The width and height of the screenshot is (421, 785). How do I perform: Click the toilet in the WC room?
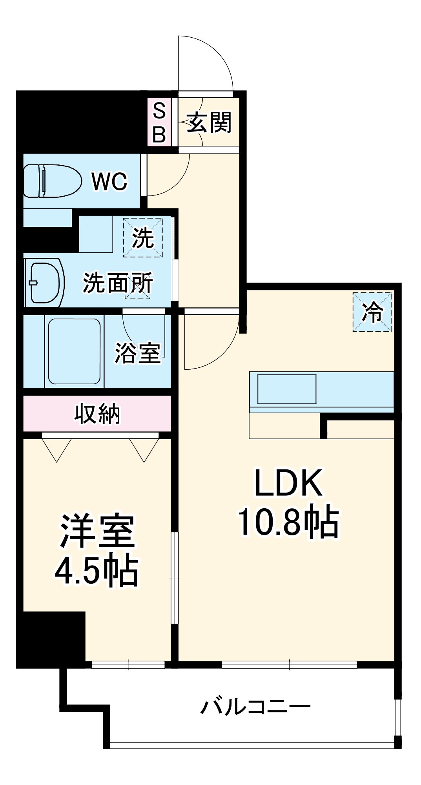coord(52,181)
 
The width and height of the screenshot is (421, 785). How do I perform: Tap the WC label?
coord(109,181)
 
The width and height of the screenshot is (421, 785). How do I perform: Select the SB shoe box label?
coord(159,122)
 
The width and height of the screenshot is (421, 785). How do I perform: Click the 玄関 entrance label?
coord(209,122)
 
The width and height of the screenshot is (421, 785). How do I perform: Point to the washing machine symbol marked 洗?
coord(143,237)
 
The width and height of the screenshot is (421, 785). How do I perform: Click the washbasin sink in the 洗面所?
coord(46,282)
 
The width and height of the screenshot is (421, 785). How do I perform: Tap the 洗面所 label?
coord(117,283)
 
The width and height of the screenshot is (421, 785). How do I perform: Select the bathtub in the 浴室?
coord(74,351)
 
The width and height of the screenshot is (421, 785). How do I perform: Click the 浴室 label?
coord(137,353)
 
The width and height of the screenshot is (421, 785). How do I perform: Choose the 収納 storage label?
coord(97,413)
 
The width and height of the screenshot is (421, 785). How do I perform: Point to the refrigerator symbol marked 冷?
coord(372,312)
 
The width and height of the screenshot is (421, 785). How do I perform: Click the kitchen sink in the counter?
coord(287,389)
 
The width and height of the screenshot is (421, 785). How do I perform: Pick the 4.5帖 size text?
coord(96,570)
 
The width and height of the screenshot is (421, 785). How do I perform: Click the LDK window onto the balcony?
coord(289,665)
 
